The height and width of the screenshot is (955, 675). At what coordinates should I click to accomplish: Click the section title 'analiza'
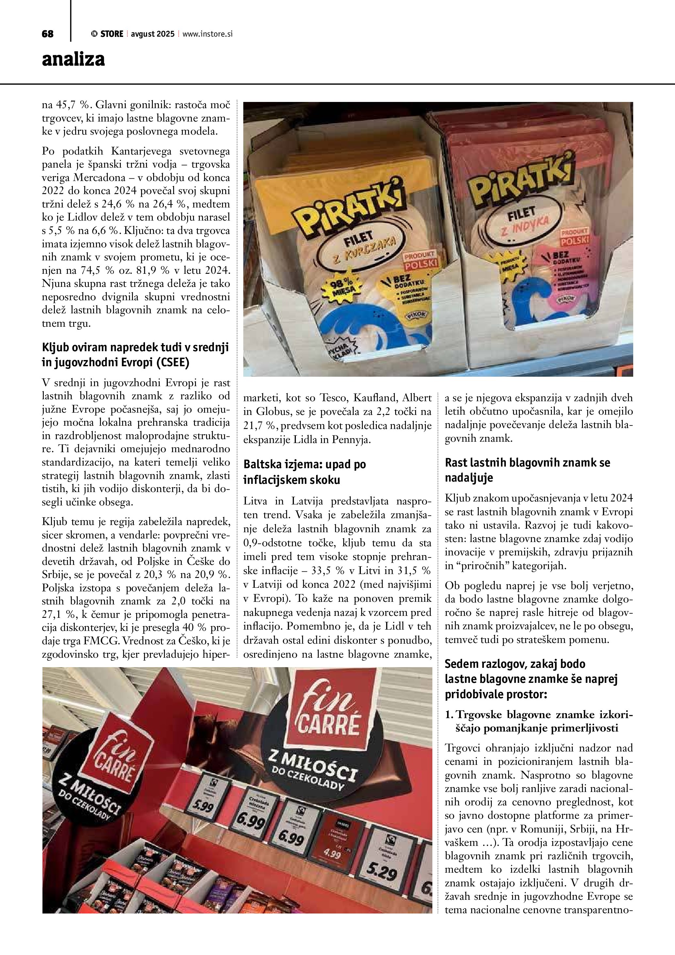pyautogui.click(x=73, y=59)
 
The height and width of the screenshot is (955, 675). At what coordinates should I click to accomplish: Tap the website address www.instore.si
pyautogui.click(x=207, y=34)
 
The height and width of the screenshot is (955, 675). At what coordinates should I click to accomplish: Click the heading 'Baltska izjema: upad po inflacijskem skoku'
pyautogui.click(x=304, y=472)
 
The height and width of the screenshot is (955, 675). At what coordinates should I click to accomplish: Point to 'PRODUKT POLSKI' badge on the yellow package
pyautogui.click(x=420, y=260)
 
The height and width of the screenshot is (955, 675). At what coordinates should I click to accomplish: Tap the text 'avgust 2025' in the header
pyautogui.click(x=153, y=34)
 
